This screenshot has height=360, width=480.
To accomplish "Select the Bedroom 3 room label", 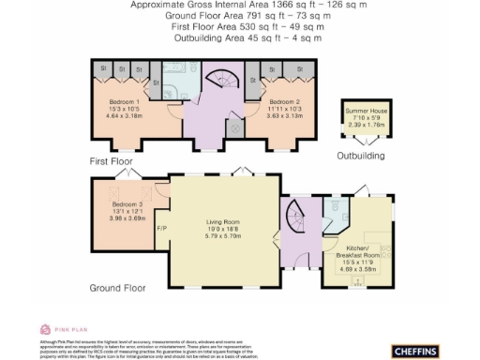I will click(127, 203).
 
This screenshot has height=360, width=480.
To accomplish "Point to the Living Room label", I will click(224, 222).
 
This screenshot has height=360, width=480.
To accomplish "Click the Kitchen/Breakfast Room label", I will click(358, 255).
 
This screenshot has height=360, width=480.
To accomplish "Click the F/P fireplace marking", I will click(161, 229).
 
